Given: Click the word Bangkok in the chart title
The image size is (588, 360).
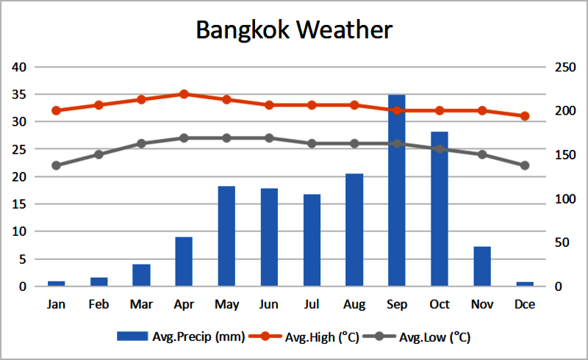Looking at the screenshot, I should [x=246, y=30].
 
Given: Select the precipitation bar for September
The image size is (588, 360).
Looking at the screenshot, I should [x=397, y=191].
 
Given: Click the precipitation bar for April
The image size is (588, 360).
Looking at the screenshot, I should [x=184, y=262].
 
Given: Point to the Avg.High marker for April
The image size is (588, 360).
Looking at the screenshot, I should [x=184, y=94].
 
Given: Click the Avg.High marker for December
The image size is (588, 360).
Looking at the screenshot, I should [x=525, y=116].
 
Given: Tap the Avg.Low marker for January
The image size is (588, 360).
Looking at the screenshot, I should [x=56, y=165].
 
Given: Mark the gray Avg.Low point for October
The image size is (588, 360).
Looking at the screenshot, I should [x=440, y=149].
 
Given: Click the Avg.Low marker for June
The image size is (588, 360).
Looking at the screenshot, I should [x=269, y=138].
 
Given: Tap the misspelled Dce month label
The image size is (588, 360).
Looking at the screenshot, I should [x=525, y=303].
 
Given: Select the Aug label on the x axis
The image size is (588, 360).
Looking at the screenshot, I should [x=354, y=303].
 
